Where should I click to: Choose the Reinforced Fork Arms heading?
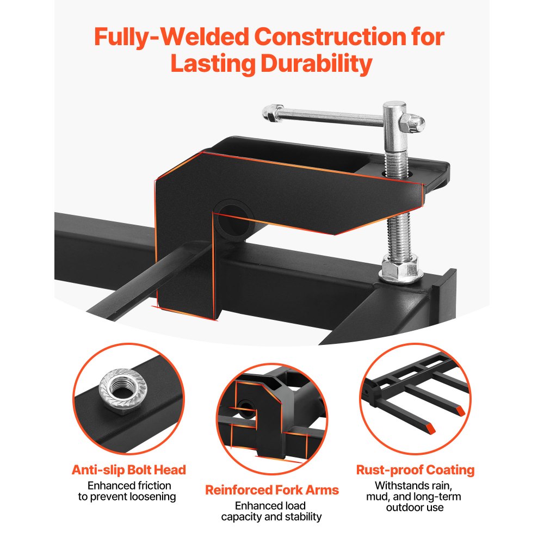272,490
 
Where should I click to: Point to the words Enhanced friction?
129,485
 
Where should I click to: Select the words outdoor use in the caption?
415,508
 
